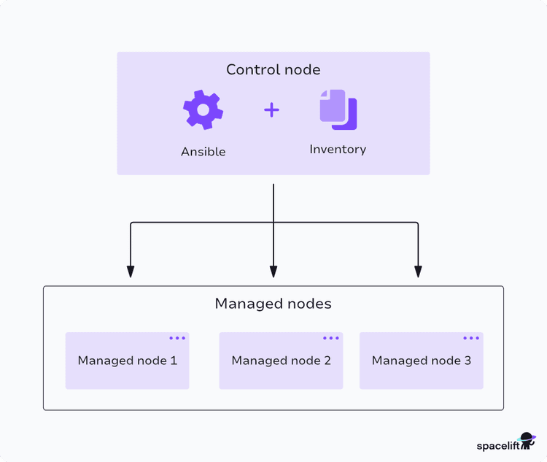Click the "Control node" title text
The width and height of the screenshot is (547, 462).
pos(273,70)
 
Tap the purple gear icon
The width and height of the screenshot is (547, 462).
pos(203,110)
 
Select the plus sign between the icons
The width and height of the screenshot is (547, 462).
pos(271,110)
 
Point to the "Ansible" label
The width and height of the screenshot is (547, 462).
pos(203,152)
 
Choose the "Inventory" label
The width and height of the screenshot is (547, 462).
pos(338,149)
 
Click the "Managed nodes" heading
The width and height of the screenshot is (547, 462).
pos(273,304)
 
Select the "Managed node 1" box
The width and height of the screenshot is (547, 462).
pos(128,361)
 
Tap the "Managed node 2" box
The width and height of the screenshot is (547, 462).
pos(281,361)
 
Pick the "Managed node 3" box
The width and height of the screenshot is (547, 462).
pos(421,361)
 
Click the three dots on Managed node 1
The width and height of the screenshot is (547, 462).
pos(177,339)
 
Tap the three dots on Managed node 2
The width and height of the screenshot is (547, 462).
pos(331,339)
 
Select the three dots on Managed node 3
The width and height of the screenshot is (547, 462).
pos(471,339)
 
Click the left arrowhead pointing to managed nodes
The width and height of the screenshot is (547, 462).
pos(131,272)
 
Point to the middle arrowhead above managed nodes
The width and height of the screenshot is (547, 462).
pos(273,272)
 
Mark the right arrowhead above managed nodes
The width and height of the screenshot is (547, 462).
pos(418,272)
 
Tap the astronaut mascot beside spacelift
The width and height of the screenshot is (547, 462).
pos(527,441)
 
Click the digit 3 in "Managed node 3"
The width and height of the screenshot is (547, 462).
pos(468,361)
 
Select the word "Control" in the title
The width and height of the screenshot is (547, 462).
pos(252,70)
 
